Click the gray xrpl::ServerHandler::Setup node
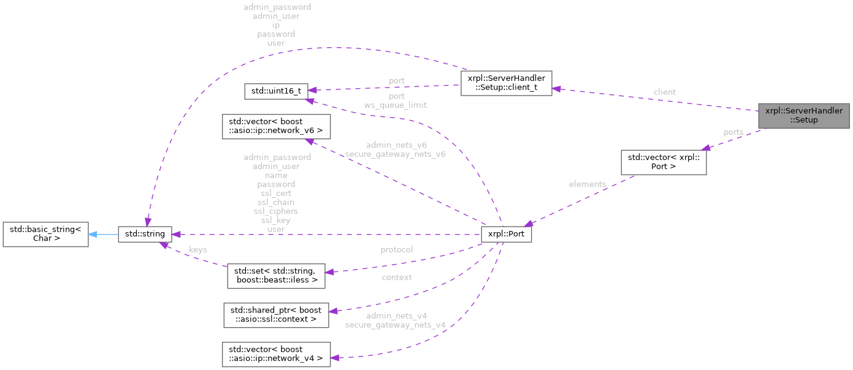tap(803, 115)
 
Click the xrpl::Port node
tap(506, 234)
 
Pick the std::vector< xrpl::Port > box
tap(664, 162)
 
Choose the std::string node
tap(145, 234)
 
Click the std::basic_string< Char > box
tap(45, 235)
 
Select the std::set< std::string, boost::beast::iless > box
tap(275, 276)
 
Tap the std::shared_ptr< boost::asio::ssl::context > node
tap(275, 314)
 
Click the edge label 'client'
tap(664, 92)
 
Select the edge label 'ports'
tap(733, 132)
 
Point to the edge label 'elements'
tap(587, 184)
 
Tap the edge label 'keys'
tap(197, 250)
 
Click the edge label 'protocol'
tap(396, 249)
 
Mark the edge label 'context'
tap(396, 277)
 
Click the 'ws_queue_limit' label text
tap(396, 105)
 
